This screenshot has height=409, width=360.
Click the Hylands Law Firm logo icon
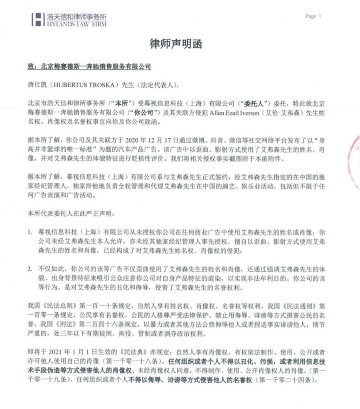(x=38, y=20)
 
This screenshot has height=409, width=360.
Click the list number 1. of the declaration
(x=30, y=231)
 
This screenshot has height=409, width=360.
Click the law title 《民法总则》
(x=55, y=305)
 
